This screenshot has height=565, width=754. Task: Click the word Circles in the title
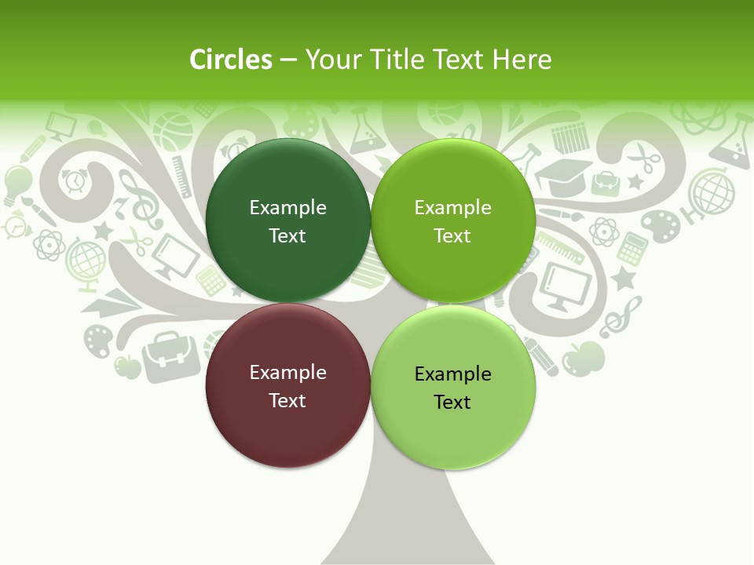(231, 60)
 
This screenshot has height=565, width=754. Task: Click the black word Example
(452, 374)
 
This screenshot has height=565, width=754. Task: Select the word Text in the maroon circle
(287, 401)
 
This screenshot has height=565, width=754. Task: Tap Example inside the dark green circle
(287, 207)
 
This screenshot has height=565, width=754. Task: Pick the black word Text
(452, 403)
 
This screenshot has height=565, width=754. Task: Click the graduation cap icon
(563, 177)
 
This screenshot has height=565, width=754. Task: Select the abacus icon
(570, 139)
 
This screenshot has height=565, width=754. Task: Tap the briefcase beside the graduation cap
(606, 183)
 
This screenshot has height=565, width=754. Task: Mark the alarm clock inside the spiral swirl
(75, 181)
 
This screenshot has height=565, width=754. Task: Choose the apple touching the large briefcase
(126, 366)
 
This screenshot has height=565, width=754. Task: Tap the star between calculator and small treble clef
(624, 278)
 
